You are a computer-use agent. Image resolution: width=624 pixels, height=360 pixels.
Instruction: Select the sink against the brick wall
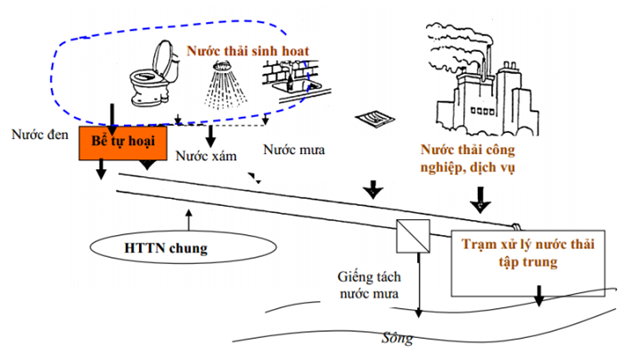(x=291, y=80)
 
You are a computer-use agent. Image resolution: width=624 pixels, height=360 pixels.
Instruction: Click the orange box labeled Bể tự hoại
(x=123, y=142)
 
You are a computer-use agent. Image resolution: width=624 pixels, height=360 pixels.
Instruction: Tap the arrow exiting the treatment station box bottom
(x=538, y=296)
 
